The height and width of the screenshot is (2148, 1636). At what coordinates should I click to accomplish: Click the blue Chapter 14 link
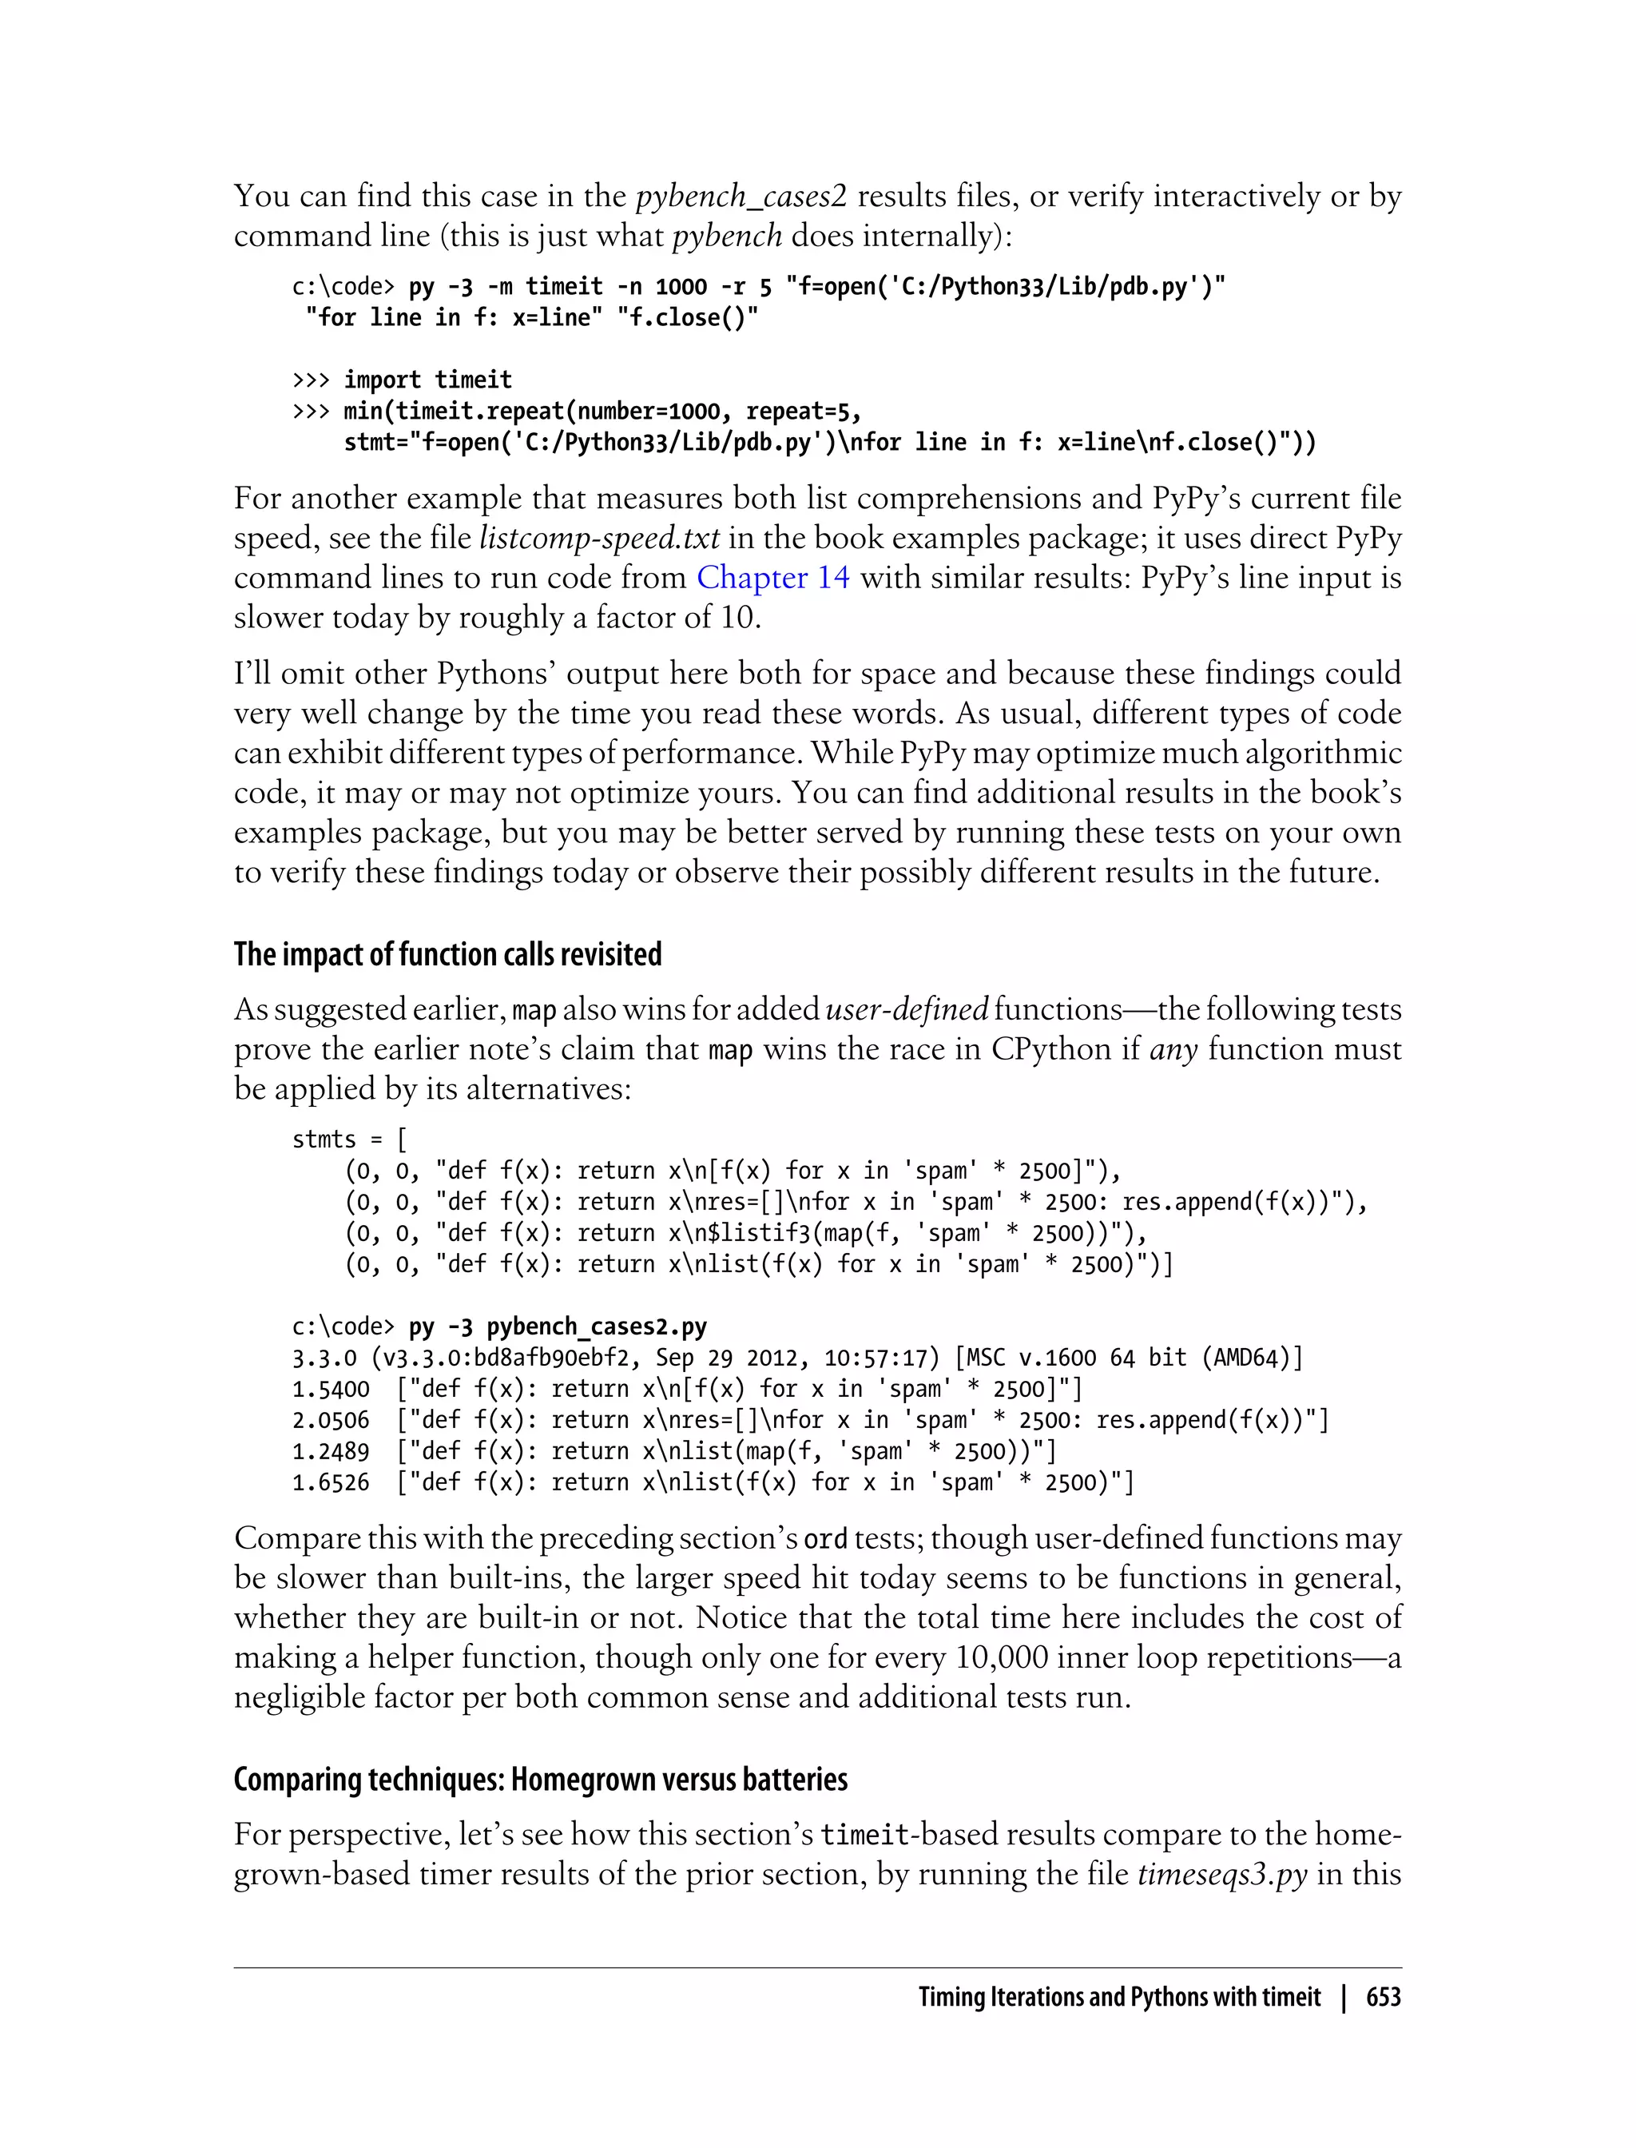tap(772, 578)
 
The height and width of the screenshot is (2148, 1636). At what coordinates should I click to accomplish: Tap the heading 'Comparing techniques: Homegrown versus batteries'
tap(541, 1779)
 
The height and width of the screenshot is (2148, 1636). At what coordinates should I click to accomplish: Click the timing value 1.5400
tap(330, 1389)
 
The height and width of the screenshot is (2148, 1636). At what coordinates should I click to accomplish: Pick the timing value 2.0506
tap(330, 1420)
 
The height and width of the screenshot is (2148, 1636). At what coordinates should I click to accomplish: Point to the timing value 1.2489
tap(330, 1451)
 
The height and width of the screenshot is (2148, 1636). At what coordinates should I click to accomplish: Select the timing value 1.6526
tap(330, 1482)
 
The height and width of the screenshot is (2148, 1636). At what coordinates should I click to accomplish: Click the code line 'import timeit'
tap(427, 379)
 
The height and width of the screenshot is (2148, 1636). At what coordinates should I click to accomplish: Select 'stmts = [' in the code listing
tap(350, 1139)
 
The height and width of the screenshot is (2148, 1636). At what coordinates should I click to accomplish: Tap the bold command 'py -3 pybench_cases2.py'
tap(557, 1327)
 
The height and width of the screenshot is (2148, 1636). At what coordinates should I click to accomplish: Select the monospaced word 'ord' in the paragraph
tap(825, 1539)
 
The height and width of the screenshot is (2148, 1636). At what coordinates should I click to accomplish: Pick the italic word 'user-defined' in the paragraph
tap(907, 1009)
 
